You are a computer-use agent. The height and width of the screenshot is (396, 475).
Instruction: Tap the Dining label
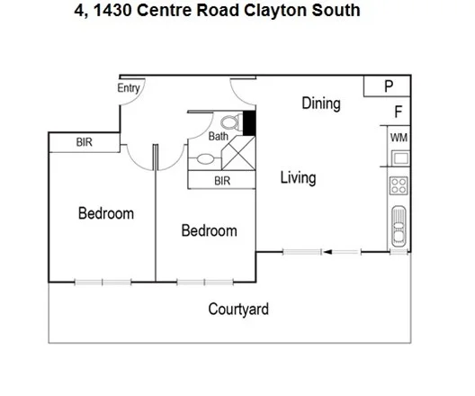(320, 103)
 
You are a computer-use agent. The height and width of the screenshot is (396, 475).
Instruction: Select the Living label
(297, 177)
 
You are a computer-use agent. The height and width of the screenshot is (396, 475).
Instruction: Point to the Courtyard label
(238, 310)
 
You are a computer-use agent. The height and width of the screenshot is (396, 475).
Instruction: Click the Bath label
(219, 137)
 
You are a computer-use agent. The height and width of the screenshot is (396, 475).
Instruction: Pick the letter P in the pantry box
(389, 86)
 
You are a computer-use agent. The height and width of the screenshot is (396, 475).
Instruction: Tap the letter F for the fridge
(398, 112)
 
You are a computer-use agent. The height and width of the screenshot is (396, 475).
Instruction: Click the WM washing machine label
(399, 138)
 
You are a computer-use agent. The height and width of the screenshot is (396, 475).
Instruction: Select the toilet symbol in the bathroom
(228, 121)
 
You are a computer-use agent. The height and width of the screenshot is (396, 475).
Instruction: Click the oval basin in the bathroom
(206, 159)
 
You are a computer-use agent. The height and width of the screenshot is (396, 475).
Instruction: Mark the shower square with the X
(238, 154)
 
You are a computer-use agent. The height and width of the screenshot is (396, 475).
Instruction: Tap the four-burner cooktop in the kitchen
(399, 186)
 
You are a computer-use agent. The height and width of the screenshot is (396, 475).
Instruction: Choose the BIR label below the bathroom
(221, 181)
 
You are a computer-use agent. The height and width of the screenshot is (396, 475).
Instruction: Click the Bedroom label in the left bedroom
(105, 213)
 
